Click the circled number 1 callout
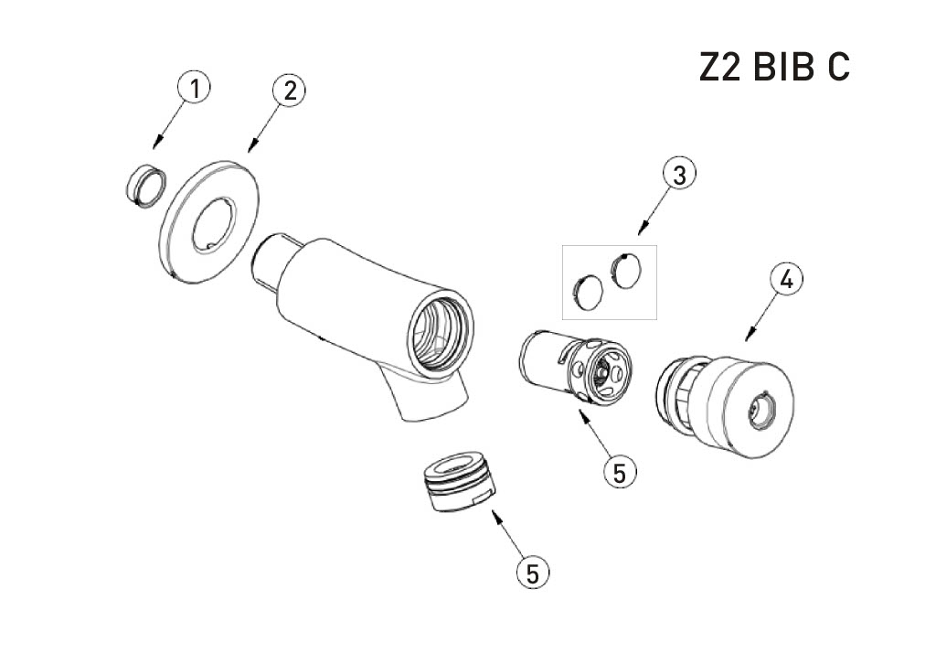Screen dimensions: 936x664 (194, 88)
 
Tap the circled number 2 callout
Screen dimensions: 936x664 (289, 91)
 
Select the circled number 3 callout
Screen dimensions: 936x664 (679, 175)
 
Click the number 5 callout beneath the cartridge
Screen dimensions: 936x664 (620, 473)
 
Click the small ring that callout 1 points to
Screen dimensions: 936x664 (144, 185)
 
